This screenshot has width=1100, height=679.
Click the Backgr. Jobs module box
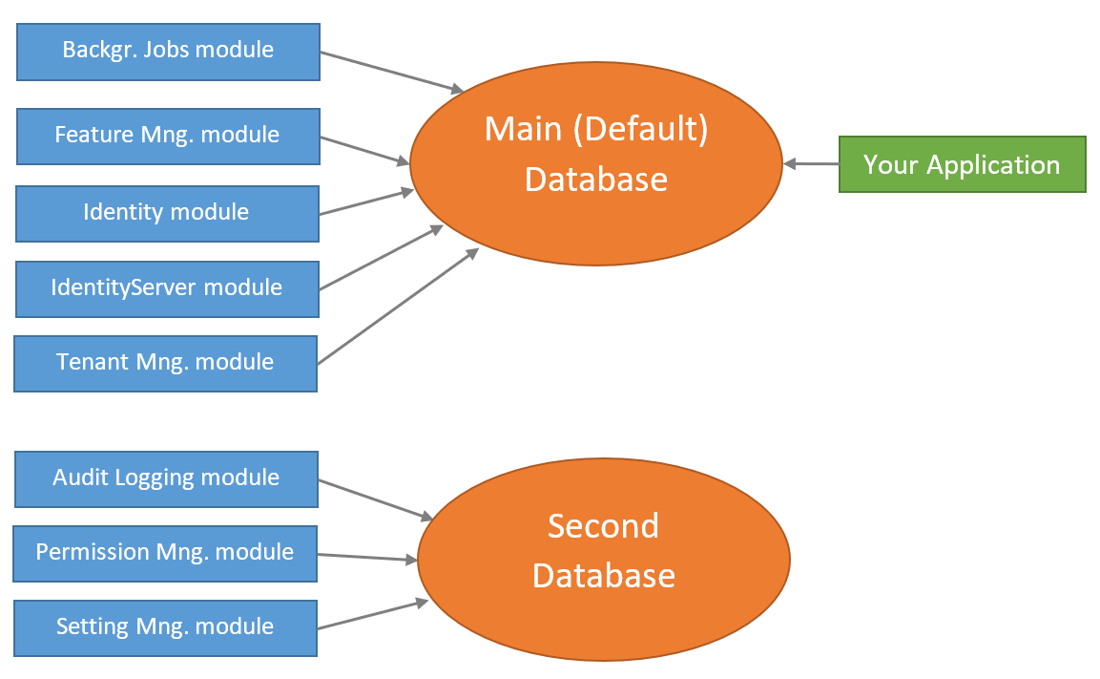(168, 52)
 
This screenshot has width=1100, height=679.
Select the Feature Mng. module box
(168, 136)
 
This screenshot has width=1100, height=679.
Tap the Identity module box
(167, 213)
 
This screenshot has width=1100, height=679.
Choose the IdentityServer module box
(167, 287)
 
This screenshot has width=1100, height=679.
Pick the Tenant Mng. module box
(166, 363)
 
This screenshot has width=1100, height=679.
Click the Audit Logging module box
(167, 478)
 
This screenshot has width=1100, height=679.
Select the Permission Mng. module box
(165, 553)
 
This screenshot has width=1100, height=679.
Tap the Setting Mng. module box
(165, 627)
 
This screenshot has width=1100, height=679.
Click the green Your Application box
(962, 164)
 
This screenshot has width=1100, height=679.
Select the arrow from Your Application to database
(811, 164)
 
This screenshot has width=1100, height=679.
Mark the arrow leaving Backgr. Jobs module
(391, 73)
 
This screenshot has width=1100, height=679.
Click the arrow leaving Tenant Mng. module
(397, 307)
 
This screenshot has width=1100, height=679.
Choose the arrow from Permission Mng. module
(367, 557)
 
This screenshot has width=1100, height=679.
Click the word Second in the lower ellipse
(603, 526)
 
